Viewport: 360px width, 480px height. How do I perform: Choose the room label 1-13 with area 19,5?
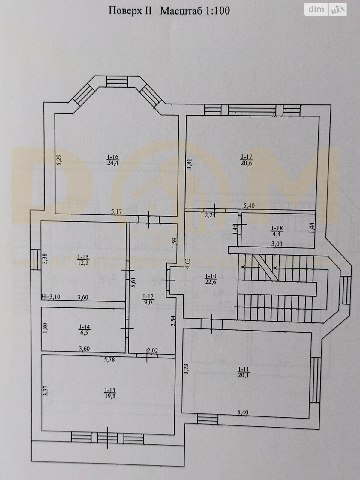pos(110,393)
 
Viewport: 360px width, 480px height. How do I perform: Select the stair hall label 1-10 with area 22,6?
pos(211,279)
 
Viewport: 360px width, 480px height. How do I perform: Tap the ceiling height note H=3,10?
pos(51,297)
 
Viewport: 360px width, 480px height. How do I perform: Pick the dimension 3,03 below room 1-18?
pos(276,244)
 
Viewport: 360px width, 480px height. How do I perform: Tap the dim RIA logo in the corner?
pos(326,10)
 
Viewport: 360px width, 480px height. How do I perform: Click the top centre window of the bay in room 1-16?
pos(117,82)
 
